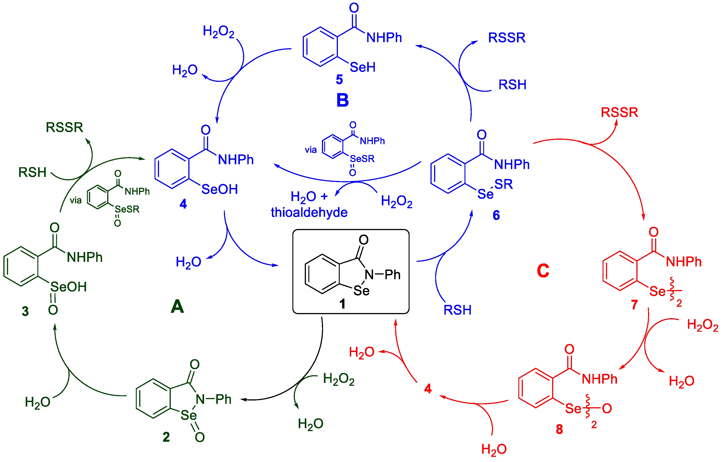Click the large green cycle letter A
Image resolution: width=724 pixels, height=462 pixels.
(x=177, y=306)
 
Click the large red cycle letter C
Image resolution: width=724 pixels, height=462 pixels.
(x=543, y=270)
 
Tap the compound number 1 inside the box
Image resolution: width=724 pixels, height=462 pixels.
(x=342, y=304)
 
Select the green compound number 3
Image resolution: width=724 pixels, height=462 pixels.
(x=25, y=311)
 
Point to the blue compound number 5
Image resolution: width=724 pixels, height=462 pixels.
(x=339, y=79)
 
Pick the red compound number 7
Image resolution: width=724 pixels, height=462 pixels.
(x=634, y=305)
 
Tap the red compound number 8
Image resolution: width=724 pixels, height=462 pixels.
(x=559, y=429)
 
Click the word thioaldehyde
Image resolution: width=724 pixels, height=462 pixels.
(x=309, y=212)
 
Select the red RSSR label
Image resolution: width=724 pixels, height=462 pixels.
(x=619, y=112)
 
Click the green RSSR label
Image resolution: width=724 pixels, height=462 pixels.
(x=64, y=127)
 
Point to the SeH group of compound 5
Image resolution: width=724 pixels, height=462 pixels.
(x=363, y=67)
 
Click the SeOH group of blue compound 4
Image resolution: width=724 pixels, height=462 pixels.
(x=219, y=189)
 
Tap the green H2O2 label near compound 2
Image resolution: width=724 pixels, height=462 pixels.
(x=339, y=379)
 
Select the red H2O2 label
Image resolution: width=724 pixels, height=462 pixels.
(x=702, y=325)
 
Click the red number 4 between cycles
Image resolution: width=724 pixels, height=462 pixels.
(x=428, y=389)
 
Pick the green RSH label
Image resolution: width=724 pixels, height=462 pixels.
(x=32, y=172)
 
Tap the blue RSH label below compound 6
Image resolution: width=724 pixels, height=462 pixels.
(x=457, y=310)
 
